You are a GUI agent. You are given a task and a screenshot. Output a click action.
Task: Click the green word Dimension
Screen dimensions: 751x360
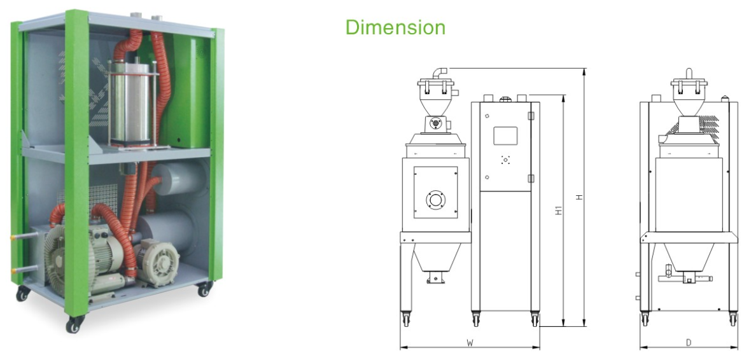click(395, 27)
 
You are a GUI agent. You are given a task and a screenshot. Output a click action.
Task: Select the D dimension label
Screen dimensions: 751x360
click(688, 342)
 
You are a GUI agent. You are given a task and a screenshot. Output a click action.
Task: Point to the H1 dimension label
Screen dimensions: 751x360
click(559, 210)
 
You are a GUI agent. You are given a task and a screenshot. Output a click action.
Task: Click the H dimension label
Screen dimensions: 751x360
click(580, 197)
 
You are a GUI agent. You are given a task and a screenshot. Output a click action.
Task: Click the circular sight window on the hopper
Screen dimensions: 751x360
click(435, 198)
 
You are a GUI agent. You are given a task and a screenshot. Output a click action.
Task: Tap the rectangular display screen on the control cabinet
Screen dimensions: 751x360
click(505, 135)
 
